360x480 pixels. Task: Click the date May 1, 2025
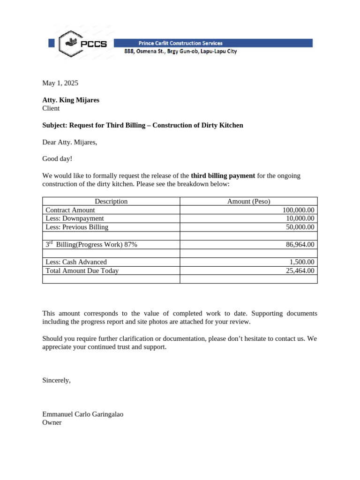click(60, 83)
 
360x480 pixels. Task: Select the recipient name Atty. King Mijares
click(71, 100)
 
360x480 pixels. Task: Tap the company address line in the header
click(180, 52)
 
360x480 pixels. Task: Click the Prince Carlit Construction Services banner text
click(180, 43)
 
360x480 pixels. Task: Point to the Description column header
click(111, 201)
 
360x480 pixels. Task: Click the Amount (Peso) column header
click(248, 201)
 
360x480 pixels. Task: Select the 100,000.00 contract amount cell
click(298, 210)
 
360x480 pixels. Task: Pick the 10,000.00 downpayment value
click(300, 218)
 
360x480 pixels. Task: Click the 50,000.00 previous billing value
click(300, 227)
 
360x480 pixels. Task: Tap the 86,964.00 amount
click(300, 244)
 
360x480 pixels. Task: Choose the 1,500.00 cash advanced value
click(302, 262)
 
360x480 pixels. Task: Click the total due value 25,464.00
click(300, 270)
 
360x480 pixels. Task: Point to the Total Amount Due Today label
click(82, 270)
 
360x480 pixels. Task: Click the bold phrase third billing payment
click(223, 176)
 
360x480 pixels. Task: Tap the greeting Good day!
click(57, 159)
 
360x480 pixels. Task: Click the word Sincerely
click(56, 380)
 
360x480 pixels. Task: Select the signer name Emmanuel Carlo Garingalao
click(83, 414)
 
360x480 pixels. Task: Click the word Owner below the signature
click(52, 422)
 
